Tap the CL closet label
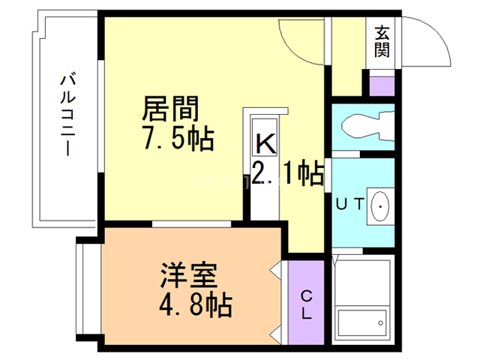click(307, 304)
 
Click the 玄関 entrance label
click(382, 42)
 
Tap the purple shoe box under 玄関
click(382, 84)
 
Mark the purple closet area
click(306, 300)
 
